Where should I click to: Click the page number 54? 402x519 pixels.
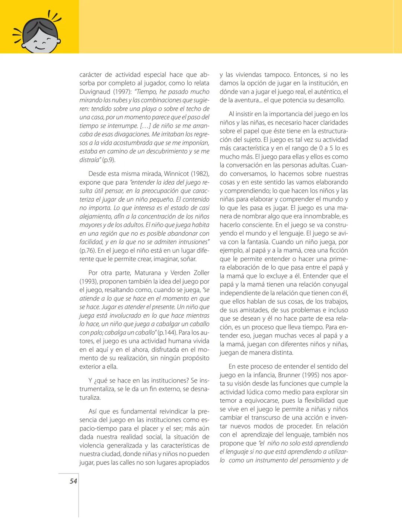[x=73, y=481]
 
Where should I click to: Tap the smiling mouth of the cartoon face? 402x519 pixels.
[x=39, y=48]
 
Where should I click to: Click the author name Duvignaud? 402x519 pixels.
[x=95, y=92]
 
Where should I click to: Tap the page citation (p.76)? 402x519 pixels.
[x=87, y=251]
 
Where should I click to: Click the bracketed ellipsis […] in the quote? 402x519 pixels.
[x=143, y=126]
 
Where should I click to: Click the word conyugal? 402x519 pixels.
[x=335, y=284]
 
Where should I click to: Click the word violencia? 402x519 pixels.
[x=92, y=446]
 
